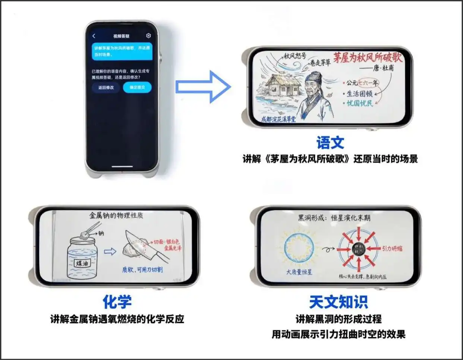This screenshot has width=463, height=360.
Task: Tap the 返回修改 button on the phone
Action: click(x=106, y=88)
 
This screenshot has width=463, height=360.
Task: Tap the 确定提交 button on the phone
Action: click(x=137, y=88)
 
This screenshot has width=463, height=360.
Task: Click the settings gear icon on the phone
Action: click(x=148, y=36)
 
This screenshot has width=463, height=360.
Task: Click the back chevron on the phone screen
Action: click(x=94, y=36)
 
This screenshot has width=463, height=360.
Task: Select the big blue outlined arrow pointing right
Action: click(x=203, y=86)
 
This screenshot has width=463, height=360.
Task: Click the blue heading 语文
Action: click(x=330, y=143)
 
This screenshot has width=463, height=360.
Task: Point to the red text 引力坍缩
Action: click(x=392, y=249)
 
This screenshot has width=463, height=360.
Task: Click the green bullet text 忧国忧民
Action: click(x=359, y=103)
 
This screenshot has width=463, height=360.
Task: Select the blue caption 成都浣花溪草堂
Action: click(x=278, y=119)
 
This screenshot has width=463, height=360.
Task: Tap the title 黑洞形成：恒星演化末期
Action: click(x=334, y=218)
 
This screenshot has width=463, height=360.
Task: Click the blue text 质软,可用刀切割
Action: click(x=142, y=269)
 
